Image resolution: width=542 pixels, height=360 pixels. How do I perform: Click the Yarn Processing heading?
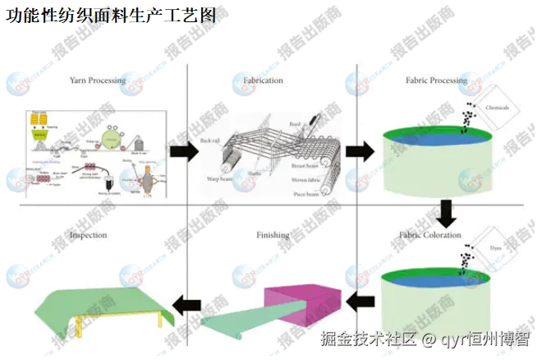[97, 81]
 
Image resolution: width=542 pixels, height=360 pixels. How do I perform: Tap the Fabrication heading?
[263, 81]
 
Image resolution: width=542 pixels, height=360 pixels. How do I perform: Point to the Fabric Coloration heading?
[431, 236]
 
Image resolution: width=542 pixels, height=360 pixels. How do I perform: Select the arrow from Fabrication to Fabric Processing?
[356, 151]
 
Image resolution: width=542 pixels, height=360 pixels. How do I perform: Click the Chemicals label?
[498, 108]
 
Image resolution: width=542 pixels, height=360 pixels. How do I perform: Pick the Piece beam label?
[305, 193]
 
